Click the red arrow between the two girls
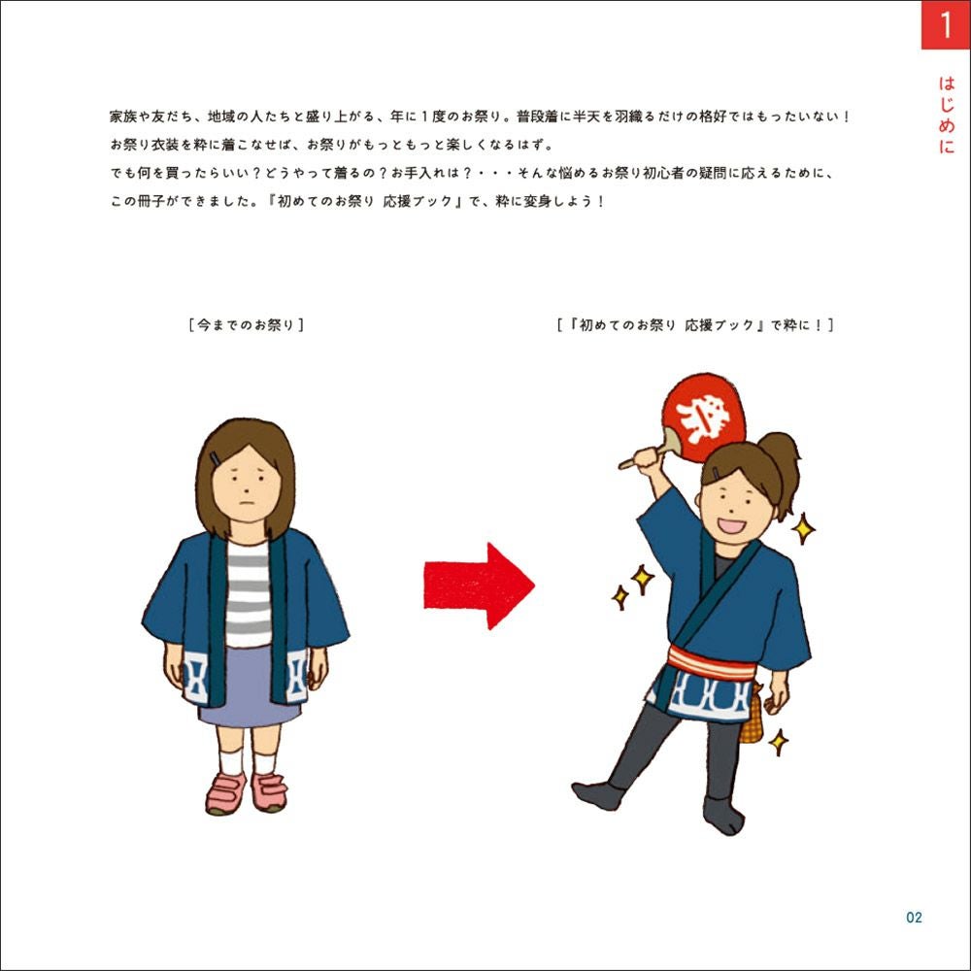479,586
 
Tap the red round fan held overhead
703,418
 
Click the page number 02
914,918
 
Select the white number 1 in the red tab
946,25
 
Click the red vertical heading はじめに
946,115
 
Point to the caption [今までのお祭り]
246,325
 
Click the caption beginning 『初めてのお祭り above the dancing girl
695,325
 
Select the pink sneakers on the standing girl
247,792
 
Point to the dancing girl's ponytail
782,461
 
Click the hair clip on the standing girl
216,458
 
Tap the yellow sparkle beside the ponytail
803,528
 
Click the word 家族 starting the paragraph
122,117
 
